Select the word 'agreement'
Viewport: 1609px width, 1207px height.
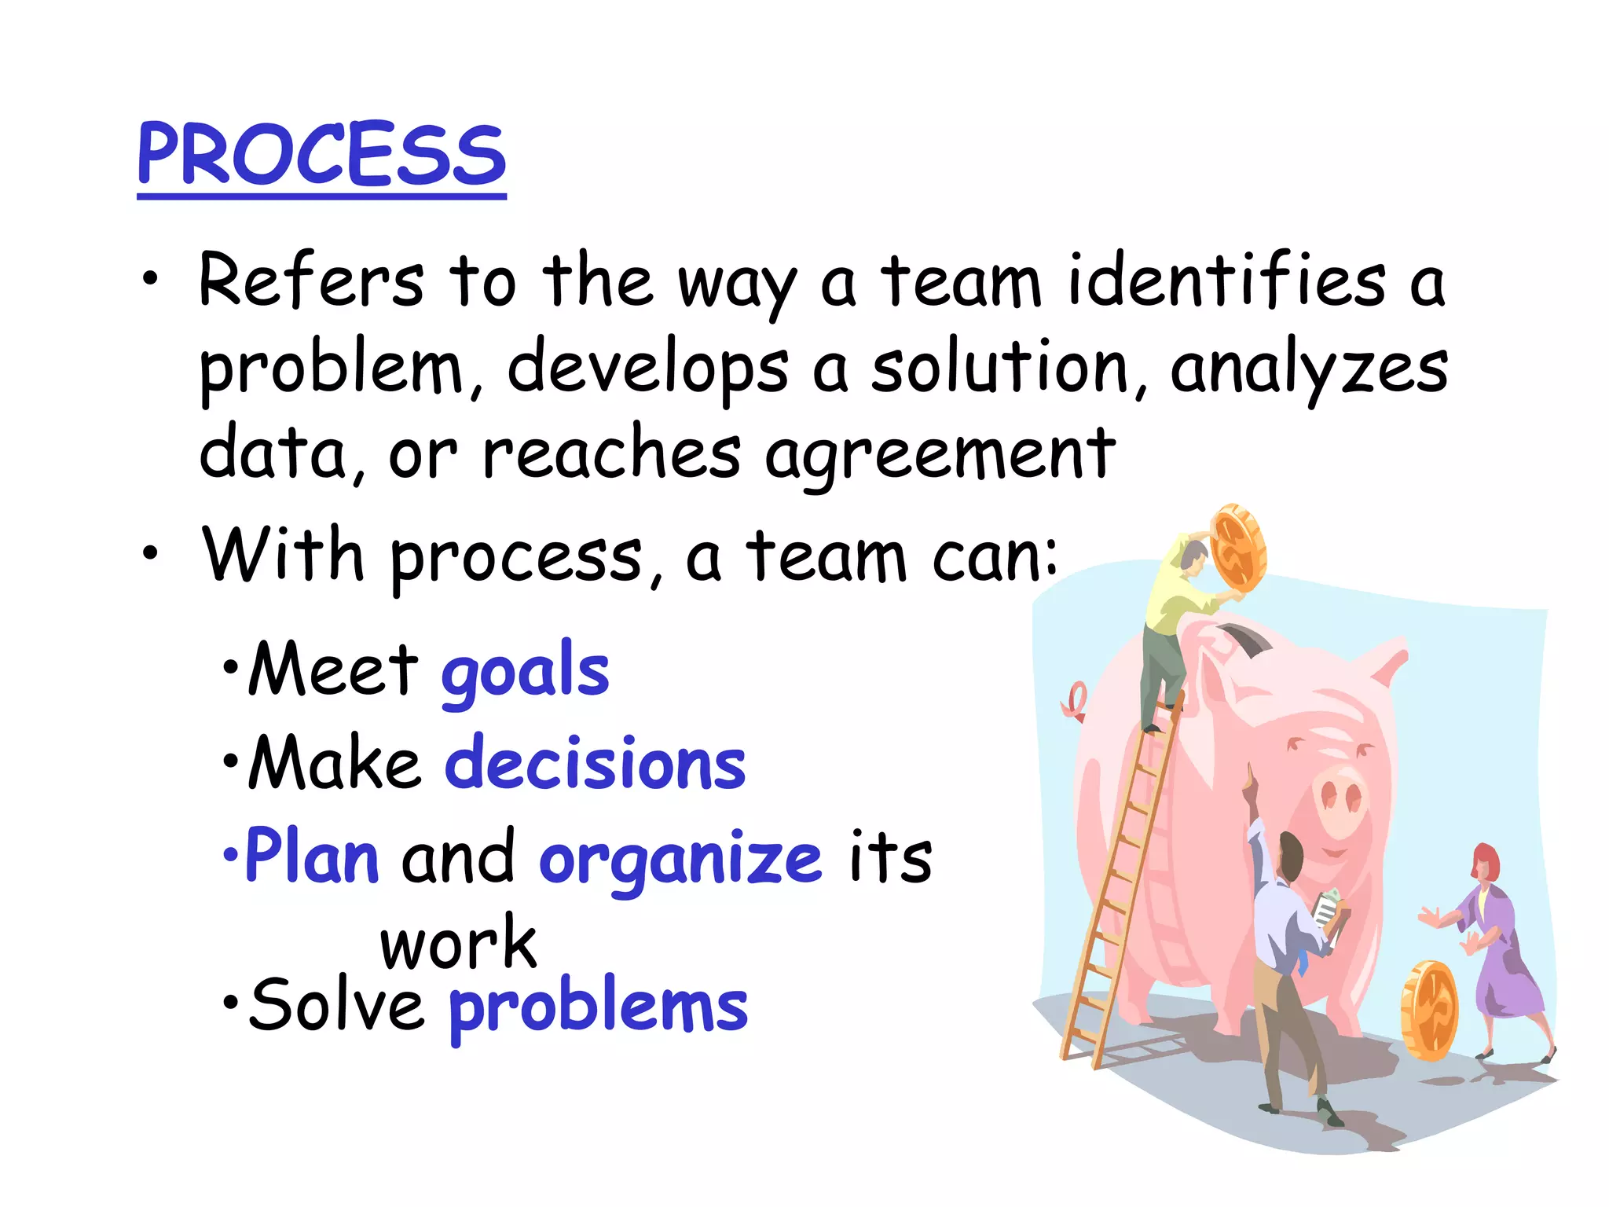[x=940, y=454]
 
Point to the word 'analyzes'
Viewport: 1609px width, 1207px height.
[x=1308, y=369]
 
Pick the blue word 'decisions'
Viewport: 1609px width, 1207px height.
[x=595, y=765]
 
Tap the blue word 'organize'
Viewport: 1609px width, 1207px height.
[x=680, y=859]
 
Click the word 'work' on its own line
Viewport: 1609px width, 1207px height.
[x=458, y=943]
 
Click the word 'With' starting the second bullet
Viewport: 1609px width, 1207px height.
[x=283, y=556]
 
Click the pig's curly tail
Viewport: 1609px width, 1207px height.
[x=1076, y=701]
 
